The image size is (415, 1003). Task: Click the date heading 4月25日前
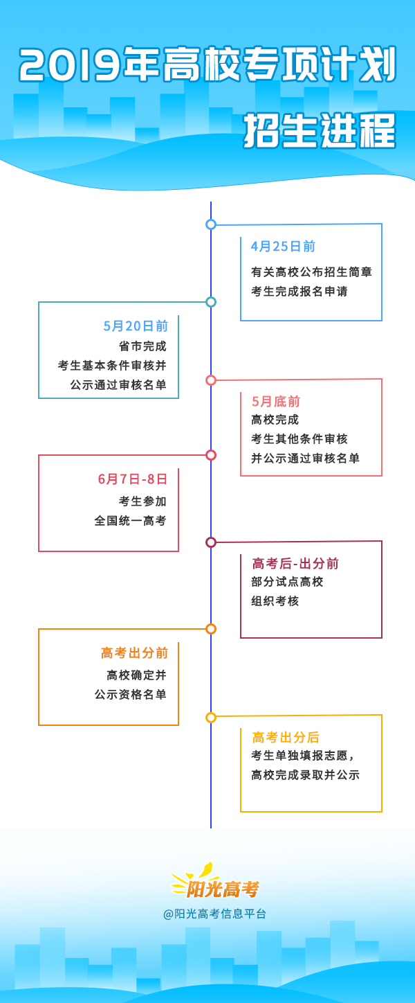click(283, 247)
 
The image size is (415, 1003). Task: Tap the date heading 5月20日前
click(136, 326)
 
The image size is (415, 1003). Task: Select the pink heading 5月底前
click(275, 401)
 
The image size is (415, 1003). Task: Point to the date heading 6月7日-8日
click(133, 479)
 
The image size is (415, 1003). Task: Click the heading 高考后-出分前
click(295, 563)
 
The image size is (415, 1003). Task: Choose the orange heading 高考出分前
click(134, 653)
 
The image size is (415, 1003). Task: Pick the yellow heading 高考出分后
click(286, 737)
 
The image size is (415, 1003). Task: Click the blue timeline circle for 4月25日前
click(211, 224)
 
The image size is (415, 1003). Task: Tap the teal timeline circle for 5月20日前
click(211, 302)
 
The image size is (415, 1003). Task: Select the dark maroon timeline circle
click(211, 542)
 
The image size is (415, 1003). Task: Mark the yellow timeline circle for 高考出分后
click(211, 718)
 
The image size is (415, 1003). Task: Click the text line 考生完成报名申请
click(299, 292)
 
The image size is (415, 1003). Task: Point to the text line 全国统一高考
click(131, 520)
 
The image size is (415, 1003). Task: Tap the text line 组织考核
click(275, 601)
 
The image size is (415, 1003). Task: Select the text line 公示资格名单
click(131, 694)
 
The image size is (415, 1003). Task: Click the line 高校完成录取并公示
click(305, 775)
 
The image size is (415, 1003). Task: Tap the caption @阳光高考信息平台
click(214, 914)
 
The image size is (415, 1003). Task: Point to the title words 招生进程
click(320, 130)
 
